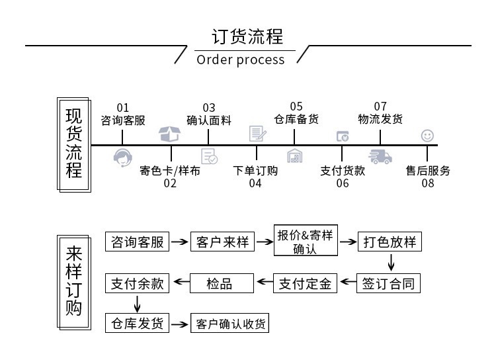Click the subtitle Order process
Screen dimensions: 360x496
click(241, 60)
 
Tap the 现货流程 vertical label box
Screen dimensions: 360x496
click(74, 144)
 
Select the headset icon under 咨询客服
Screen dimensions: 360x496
click(123, 157)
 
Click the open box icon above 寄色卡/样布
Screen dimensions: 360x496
click(169, 134)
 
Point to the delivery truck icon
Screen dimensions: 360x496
click(380, 157)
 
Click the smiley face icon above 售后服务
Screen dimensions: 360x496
click(428, 136)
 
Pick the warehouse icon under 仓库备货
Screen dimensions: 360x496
click(295, 156)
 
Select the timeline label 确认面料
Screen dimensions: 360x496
click(209, 120)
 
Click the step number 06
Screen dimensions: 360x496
click(342, 183)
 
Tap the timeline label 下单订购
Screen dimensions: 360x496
click(256, 171)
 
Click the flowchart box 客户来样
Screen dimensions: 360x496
click(222, 242)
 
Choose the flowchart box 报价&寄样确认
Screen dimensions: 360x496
click(305, 242)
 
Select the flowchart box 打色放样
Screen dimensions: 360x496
click(390, 242)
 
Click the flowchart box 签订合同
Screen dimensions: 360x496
click(390, 284)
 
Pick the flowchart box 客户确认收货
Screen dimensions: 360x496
click(229, 324)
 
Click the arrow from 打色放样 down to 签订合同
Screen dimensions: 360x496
click(390, 263)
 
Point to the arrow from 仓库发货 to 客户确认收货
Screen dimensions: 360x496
click(179, 324)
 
